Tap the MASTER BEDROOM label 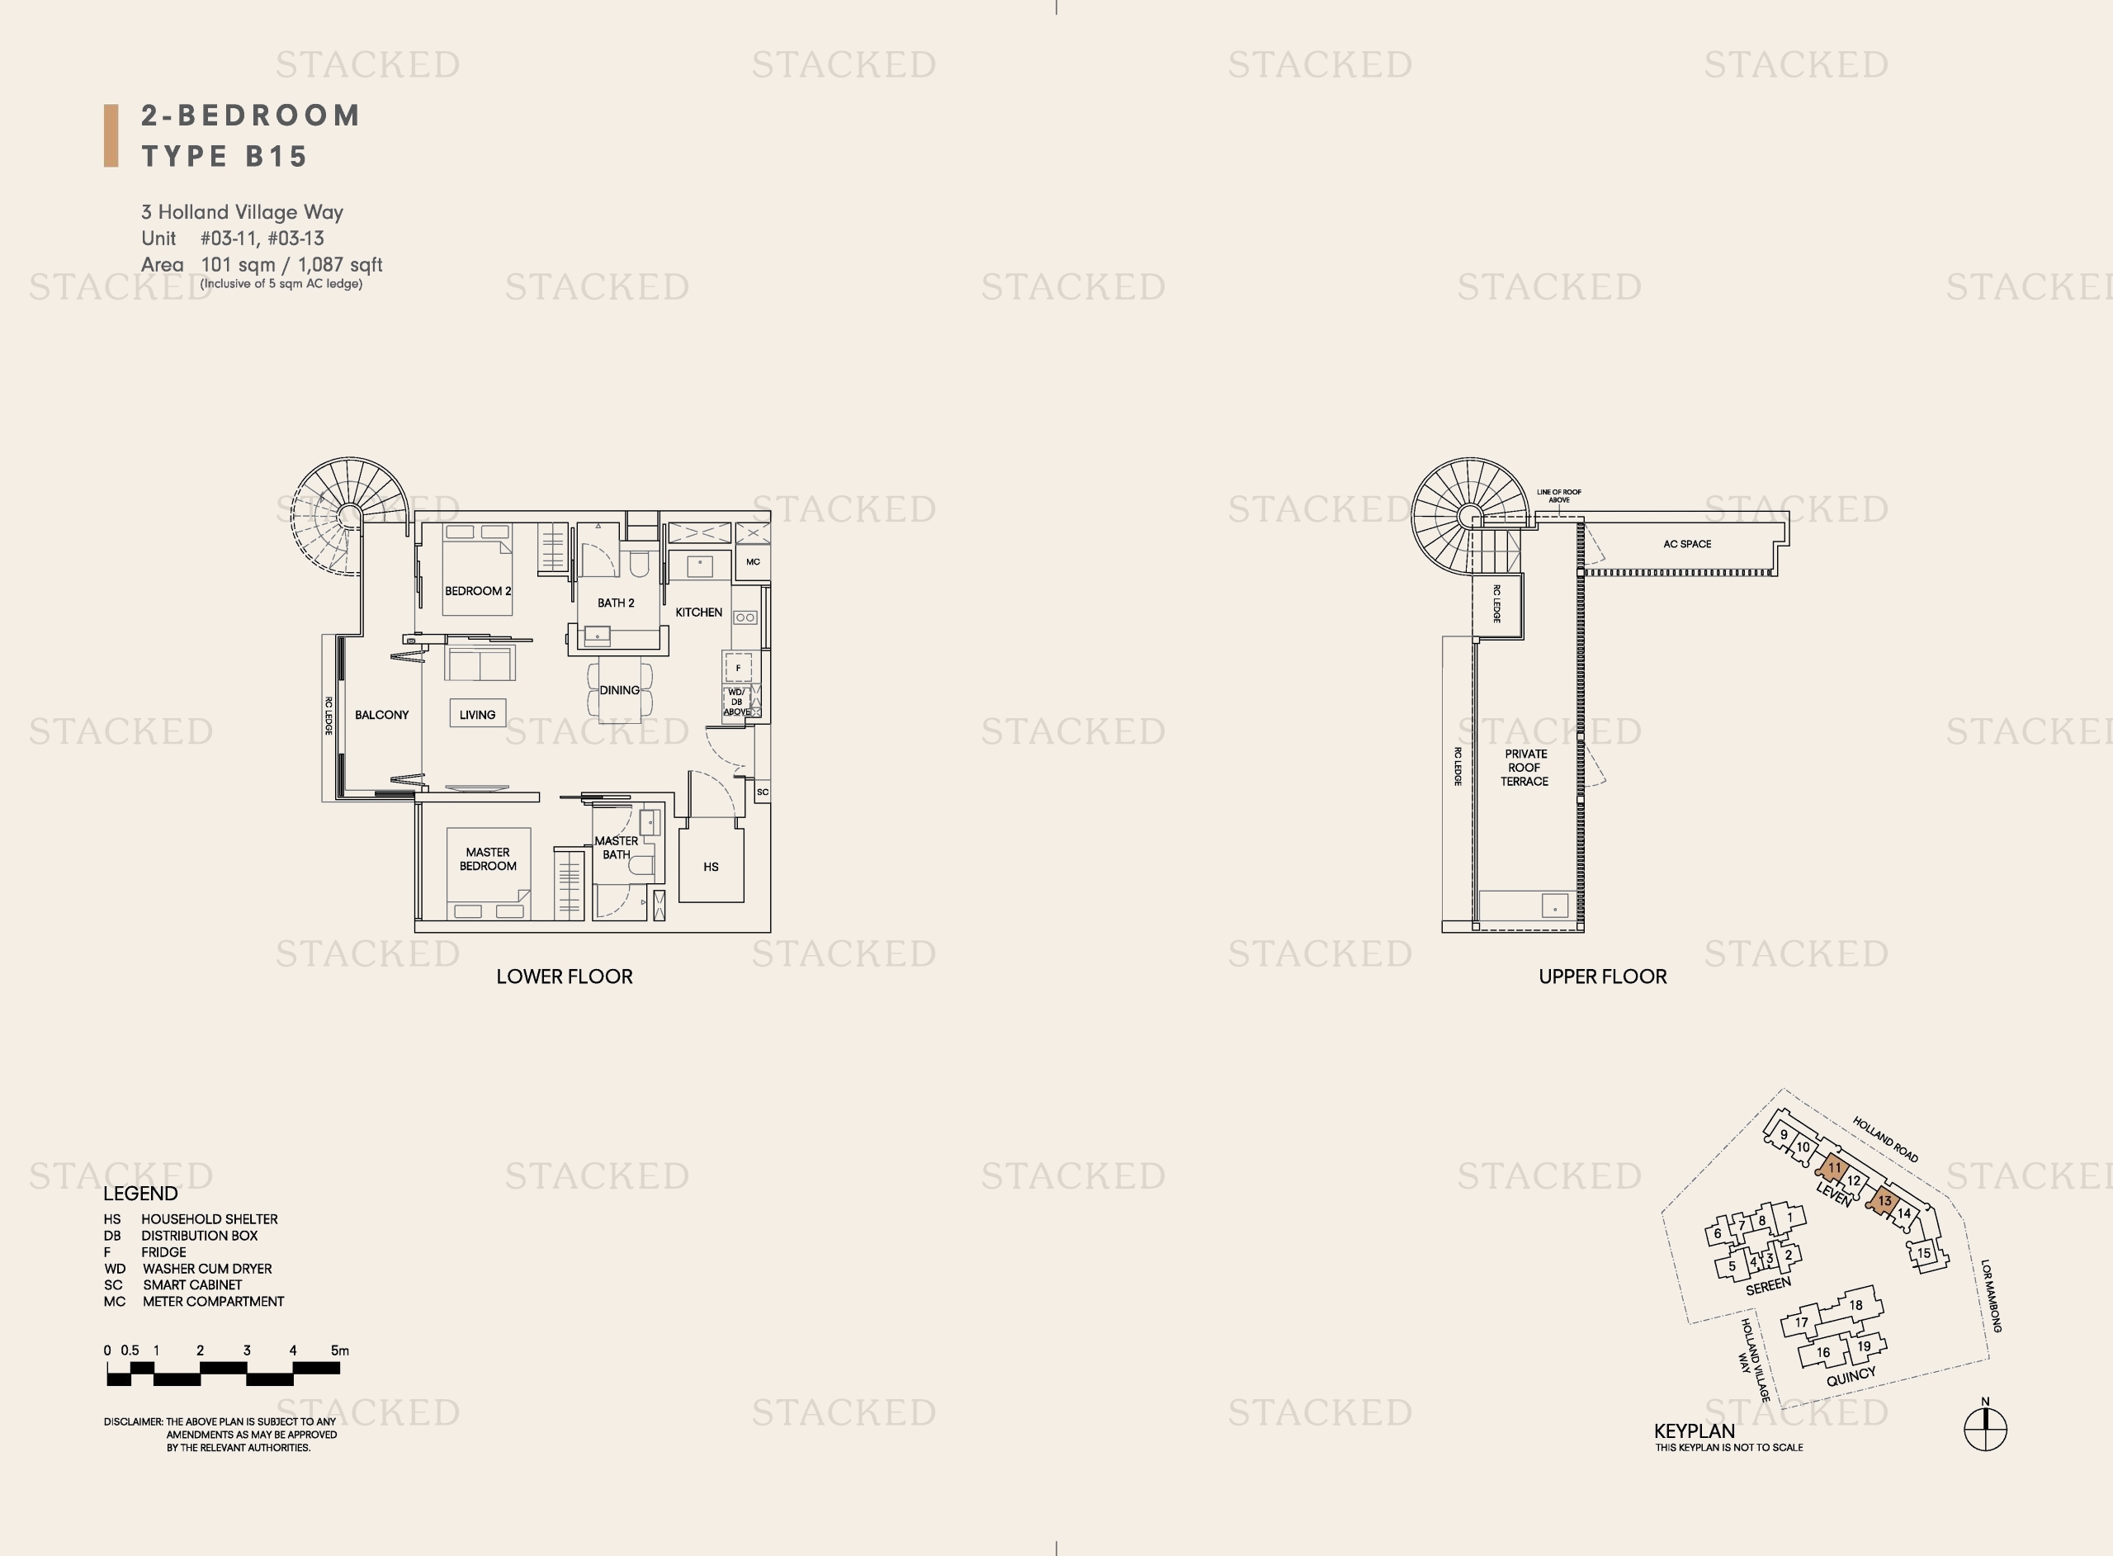click(488, 859)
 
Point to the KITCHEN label click(698, 612)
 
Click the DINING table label click(620, 690)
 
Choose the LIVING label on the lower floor click(477, 715)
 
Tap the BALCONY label click(381, 715)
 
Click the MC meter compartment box click(753, 562)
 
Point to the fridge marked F click(738, 667)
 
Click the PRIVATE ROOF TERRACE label click(1525, 768)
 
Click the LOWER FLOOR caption click(564, 977)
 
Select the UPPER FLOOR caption click(1603, 977)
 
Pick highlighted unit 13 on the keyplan click(1884, 1201)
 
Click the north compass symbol click(1985, 1430)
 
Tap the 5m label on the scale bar click(340, 1350)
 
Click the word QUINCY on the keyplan click(1851, 1377)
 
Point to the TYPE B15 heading click(225, 156)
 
